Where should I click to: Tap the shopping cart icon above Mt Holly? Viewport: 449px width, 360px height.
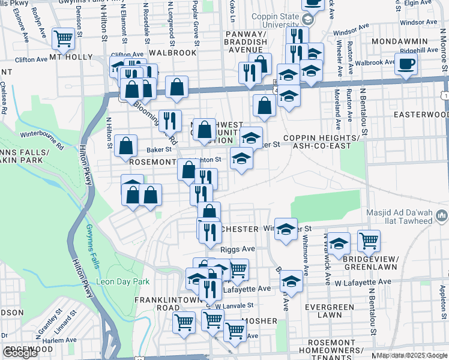click(63, 38)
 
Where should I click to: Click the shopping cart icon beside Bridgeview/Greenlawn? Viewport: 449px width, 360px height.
click(369, 241)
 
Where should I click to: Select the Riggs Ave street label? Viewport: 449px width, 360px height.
click(238, 248)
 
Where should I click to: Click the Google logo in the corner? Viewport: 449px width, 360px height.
click(20, 353)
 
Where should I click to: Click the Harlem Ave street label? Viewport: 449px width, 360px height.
click(59, 340)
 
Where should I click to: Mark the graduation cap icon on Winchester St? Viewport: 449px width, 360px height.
click(286, 229)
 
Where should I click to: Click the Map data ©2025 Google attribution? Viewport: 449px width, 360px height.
click(412, 355)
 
